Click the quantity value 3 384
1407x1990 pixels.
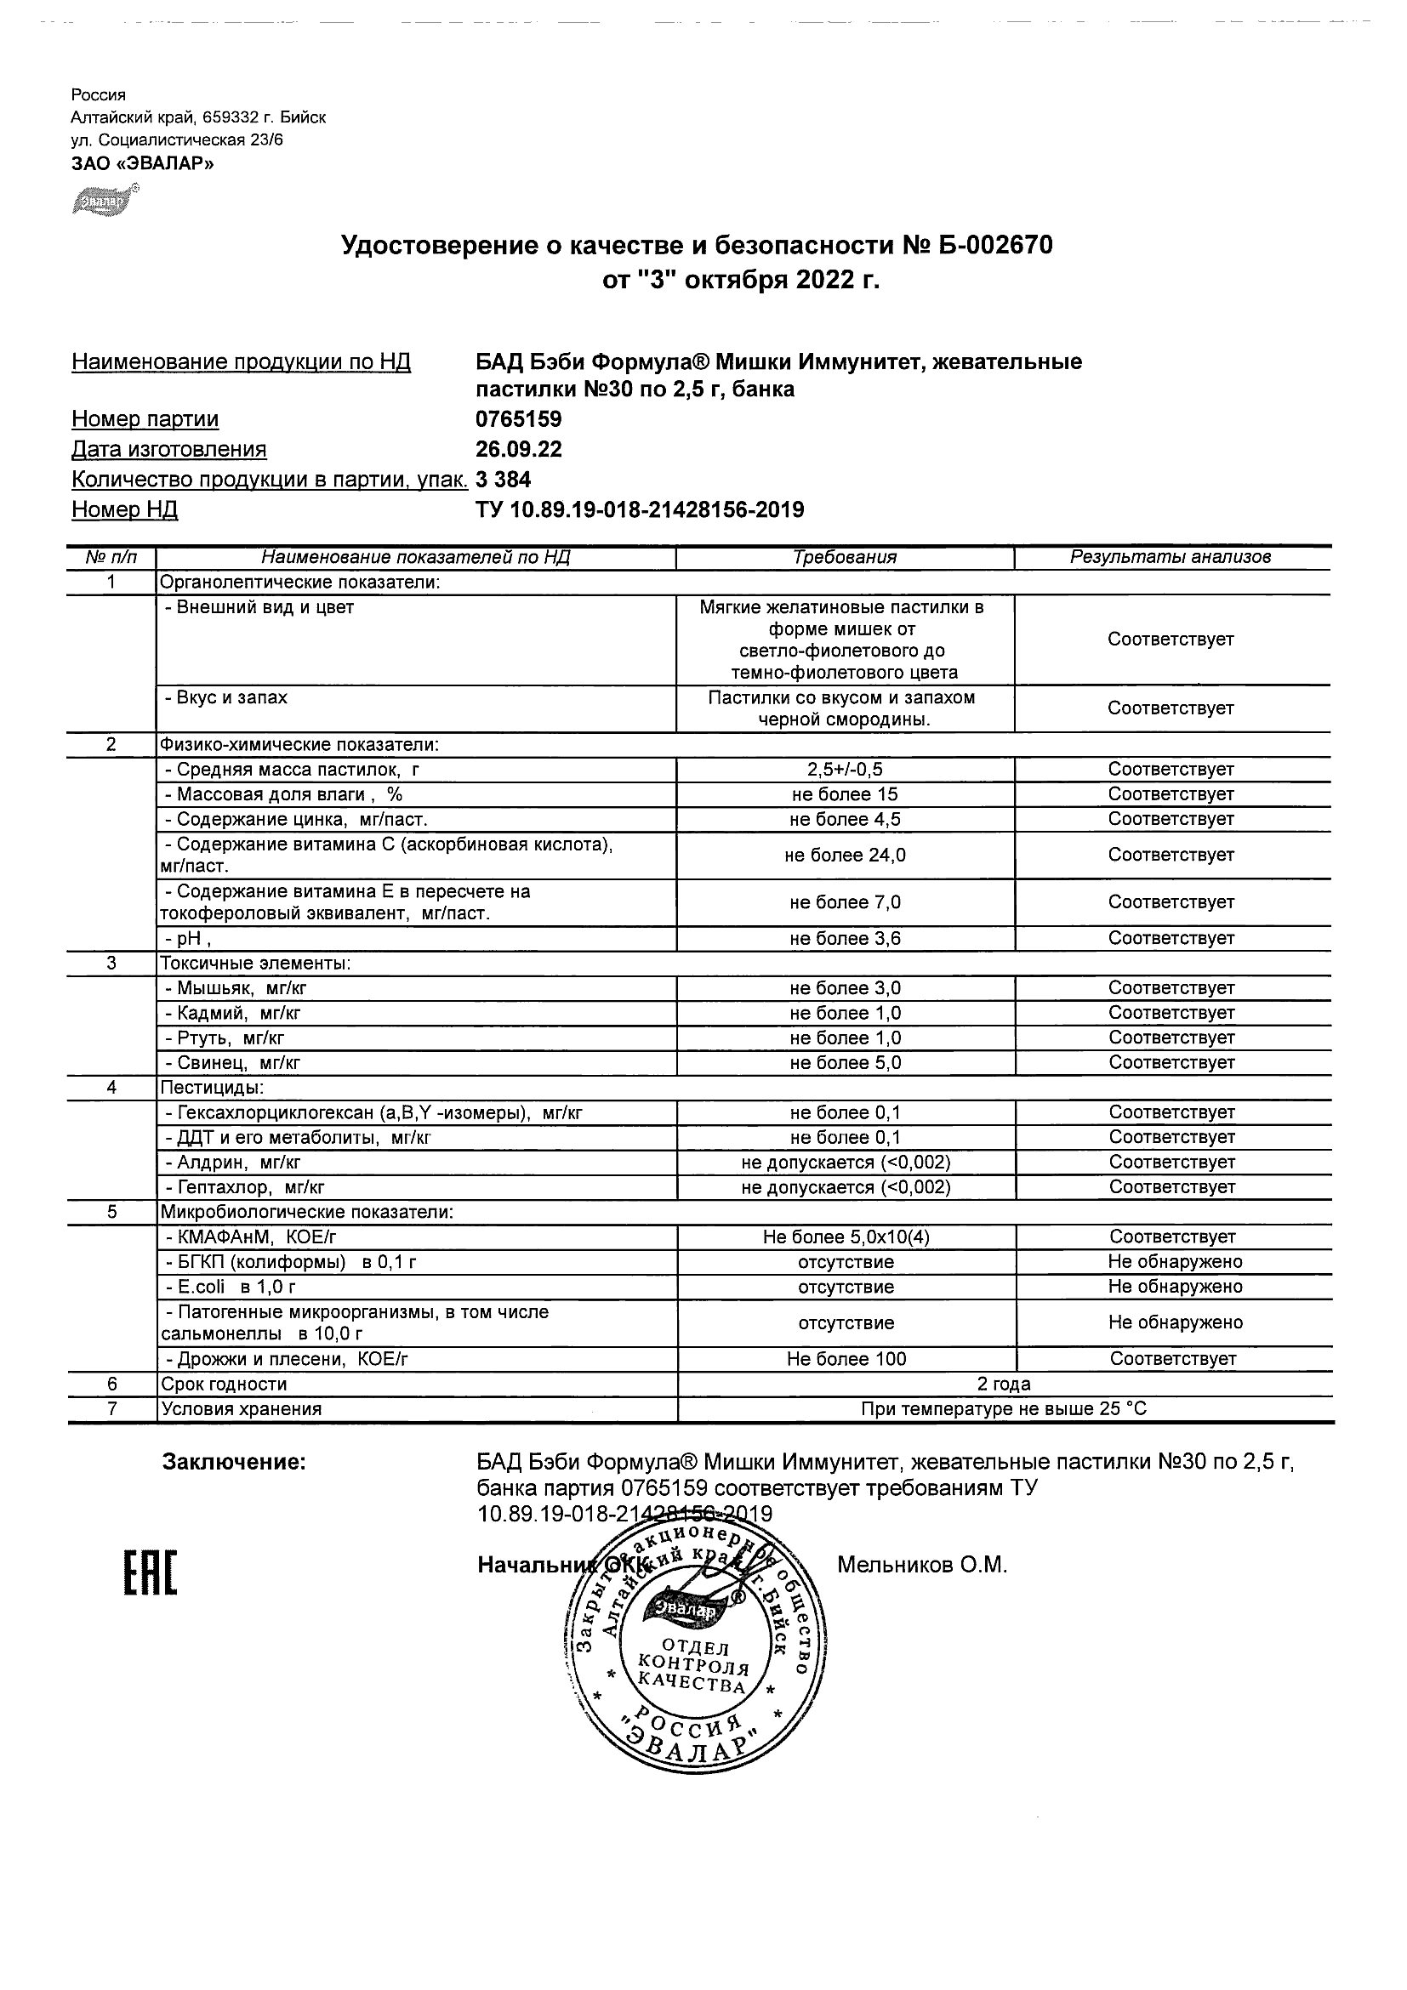(503, 480)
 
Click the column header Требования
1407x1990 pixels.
(845, 557)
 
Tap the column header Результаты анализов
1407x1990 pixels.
(1171, 557)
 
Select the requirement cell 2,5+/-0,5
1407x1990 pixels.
(845, 770)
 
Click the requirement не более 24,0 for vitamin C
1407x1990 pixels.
(845, 856)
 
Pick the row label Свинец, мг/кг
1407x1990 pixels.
(232, 1062)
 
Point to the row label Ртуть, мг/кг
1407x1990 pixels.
(225, 1038)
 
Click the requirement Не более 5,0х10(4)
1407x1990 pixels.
(846, 1237)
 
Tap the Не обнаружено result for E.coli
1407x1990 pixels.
(1175, 1287)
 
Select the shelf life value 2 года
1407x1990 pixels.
(1003, 1384)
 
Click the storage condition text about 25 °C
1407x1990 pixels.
(1003, 1409)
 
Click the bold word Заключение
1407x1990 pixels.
(234, 1463)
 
